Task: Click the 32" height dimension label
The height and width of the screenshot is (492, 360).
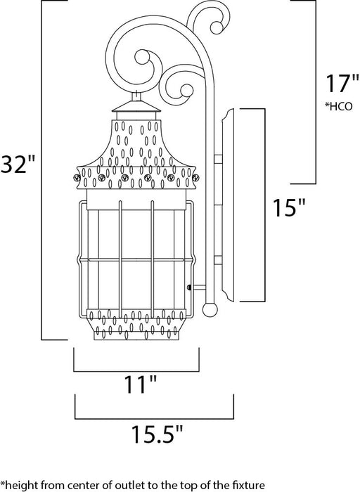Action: (19, 165)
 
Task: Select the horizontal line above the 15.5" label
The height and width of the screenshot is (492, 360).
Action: (154, 414)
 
